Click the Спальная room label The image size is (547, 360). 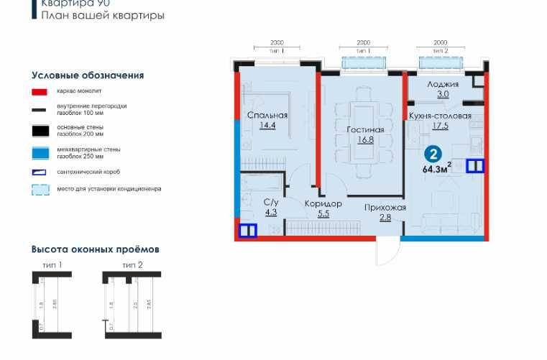click(267, 115)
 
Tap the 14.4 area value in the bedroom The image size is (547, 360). click(267, 124)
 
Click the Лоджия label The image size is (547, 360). click(438, 84)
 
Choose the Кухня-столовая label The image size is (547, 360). click(440, 116)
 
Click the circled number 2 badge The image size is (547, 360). click(433, 154)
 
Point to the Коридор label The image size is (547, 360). click(323, 204)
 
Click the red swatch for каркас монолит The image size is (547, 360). click(40, 92)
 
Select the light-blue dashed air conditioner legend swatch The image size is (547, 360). click(40, 190)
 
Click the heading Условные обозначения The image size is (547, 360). click(88, 75)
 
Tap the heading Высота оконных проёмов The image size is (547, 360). click(95, 249)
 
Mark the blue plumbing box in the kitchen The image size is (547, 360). click(475, 166)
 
